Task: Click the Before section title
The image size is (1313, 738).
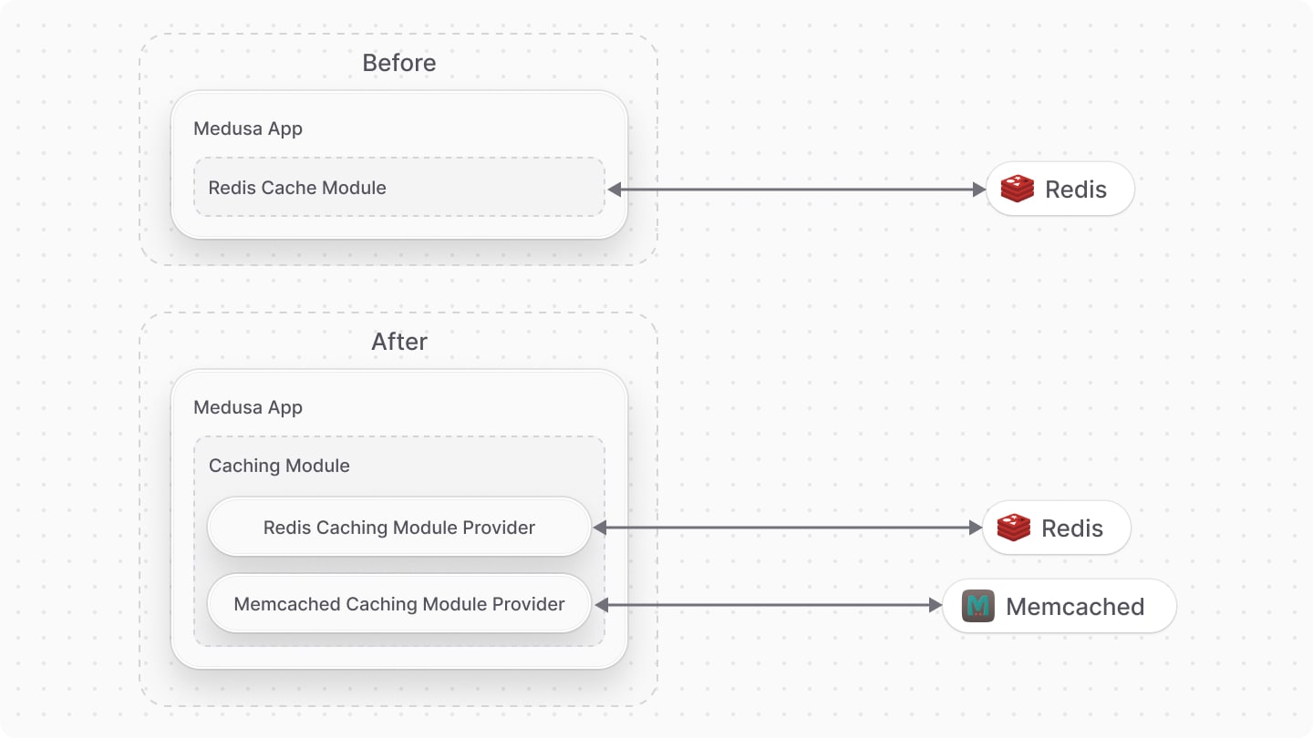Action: pos(398,63)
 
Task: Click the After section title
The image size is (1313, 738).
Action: pos(398,342)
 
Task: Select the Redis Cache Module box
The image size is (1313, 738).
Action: pos(398,188)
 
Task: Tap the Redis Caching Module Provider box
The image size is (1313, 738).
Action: pos(398,527)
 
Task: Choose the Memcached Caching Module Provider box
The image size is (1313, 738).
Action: pos(398,603)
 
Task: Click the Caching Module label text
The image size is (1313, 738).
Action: pos(279,466)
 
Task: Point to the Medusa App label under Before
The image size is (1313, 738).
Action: pos(248,128)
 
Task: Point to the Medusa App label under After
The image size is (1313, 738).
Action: pos(248,407)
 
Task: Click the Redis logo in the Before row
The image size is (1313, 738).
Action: pos(1017,189)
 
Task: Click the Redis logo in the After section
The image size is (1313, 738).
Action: pos(1013,528)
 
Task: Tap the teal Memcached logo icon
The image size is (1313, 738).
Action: pos(978,606)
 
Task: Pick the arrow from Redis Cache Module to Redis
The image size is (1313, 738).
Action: pos(797,190)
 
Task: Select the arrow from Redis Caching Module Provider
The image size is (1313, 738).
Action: pos(787,528)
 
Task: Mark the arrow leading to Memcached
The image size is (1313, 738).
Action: pos(767,605)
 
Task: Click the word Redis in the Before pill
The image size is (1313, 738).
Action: pos(1076,190)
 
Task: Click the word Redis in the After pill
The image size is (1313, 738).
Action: pos(1072,528)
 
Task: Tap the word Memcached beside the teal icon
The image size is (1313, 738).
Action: pos(1075,607)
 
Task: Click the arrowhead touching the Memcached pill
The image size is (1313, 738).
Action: pos(936,605)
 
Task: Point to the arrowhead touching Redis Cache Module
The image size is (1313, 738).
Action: pos(614,190)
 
